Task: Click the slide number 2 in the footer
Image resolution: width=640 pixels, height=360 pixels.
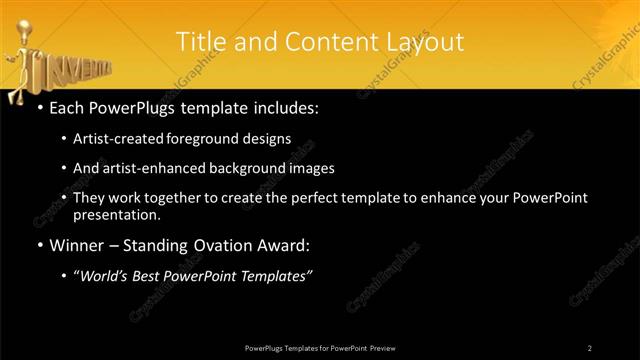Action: [x=589, y=347]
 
